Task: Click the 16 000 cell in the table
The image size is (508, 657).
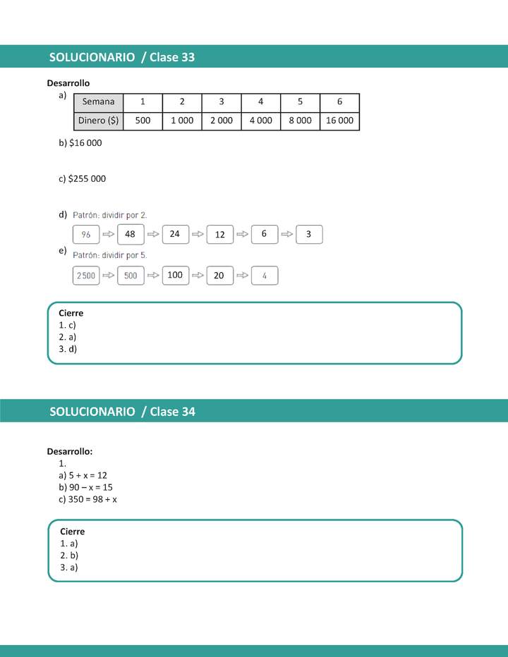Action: coord(339,121)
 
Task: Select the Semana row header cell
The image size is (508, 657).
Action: coord(98,102)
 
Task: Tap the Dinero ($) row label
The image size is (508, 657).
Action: coord(98,121)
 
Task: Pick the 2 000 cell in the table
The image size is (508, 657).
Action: coord(221,121)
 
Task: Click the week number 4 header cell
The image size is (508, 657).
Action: coord(260,102)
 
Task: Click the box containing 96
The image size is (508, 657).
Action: coord(86,234)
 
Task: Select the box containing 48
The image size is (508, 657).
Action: coord(130,234)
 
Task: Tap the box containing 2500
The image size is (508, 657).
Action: coord(86,276)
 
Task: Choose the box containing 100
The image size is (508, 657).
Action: coord(175,275)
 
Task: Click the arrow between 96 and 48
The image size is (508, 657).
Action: coord(108,234)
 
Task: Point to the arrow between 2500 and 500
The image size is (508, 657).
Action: coord(108,276)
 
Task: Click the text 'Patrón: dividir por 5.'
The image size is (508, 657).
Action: coord(110,255)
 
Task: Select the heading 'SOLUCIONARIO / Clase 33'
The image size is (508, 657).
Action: coord(122,57)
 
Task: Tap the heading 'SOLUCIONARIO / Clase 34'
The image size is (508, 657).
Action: coord(122,412)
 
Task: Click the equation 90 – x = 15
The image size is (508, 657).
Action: coord(85,487)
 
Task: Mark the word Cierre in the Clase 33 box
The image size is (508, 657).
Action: coord(71,313)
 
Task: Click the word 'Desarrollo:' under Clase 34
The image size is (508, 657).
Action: coord(70,451)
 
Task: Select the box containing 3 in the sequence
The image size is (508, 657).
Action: coord(309,234)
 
